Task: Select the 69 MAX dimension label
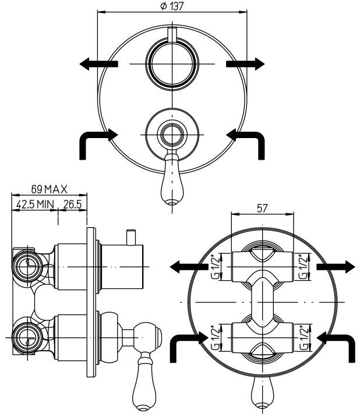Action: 50,189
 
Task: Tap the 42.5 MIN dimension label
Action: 34,205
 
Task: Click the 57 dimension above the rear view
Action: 263,207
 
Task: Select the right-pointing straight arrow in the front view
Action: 244,63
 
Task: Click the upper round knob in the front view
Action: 171,63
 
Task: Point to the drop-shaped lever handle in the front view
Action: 171,181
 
